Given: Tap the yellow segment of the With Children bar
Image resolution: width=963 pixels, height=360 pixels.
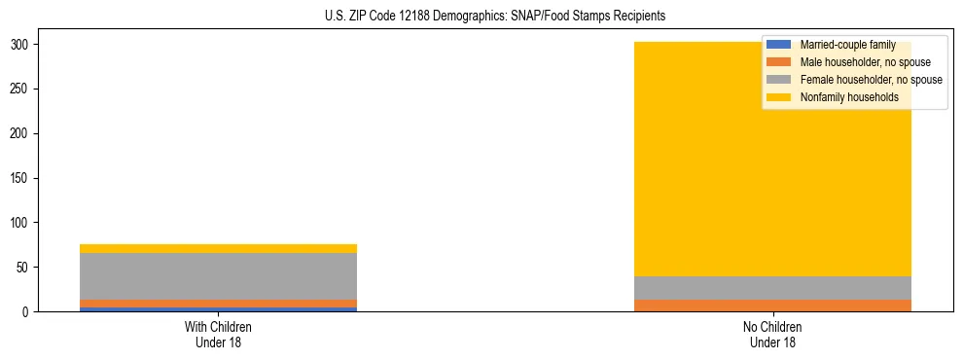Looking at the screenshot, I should click(x=218, y=248).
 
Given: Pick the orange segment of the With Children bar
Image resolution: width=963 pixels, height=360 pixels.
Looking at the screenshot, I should click(x=218, y=304).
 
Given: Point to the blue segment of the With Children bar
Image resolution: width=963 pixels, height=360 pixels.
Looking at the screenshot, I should click(x=218, y=309).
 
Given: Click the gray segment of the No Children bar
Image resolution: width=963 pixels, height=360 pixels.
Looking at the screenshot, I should click(x=772, y=288).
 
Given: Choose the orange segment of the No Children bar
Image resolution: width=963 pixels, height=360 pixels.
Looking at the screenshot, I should click(x=772, y=306).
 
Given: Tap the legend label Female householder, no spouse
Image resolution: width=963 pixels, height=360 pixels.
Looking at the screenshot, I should click(x=871, y=80).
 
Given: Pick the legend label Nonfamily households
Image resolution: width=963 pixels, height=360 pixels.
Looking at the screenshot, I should click(x=849, y=97).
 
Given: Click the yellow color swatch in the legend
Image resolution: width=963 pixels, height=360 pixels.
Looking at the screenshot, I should click(x=778, y=97).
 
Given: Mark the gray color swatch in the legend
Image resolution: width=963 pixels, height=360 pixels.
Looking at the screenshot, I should click(x=778, y=80).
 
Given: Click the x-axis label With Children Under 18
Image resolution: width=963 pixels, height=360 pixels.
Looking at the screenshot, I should click(x=218, y=334).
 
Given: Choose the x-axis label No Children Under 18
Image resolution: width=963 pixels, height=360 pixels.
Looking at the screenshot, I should click(x=772, y=334).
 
